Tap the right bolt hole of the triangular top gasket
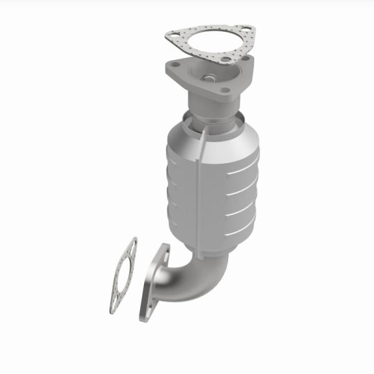[x=247, y=30]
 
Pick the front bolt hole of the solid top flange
[x=224, y=93]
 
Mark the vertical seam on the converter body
[x=198, y=187]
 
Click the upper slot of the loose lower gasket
[x=132, y=246]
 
